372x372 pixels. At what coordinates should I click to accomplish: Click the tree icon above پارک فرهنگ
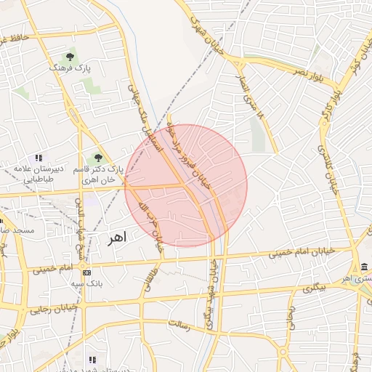pyautogui.click(x=70, y=55)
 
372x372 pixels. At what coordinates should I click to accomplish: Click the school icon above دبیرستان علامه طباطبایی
pyautogui.click(x=39, y=158)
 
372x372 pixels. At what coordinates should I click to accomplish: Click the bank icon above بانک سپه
pyautogui.click(x=89, y=272)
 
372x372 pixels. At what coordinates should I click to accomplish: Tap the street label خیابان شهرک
pyautogui.click(x=206, y=29)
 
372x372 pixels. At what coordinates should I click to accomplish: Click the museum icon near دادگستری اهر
pyautogui.click(x=363, y=267)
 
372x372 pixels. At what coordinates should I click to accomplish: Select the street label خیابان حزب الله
pyautogui.click(x=150, y=225)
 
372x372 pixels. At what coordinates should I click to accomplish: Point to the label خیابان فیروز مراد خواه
pyautogui.click(x=195, y=159)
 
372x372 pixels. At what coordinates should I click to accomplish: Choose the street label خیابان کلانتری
pyautogui.click(x=329, y=166)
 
